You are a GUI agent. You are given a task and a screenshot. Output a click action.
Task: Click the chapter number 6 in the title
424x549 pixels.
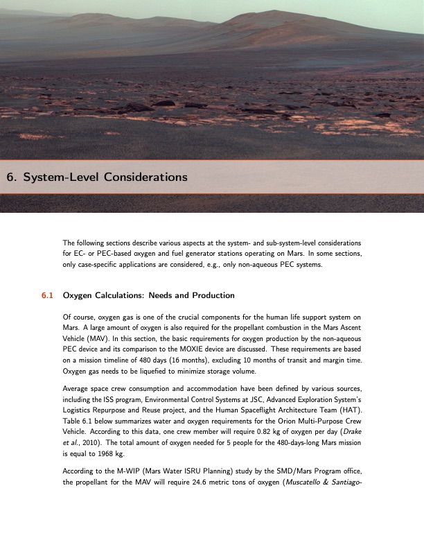coord(10,177)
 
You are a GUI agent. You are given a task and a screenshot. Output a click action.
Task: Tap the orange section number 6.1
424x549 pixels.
coord(47,295)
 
